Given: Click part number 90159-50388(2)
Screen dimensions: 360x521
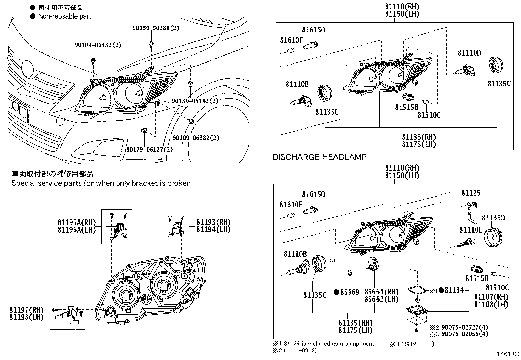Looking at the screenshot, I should click(x=156, y=28).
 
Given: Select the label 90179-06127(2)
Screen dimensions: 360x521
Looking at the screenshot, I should click(x=150, y=150).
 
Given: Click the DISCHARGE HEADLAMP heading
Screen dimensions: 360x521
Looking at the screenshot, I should click(x=319, y=157).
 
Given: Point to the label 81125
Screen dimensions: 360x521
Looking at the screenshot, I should click(x=471, y=193).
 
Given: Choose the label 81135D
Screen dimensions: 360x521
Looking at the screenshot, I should click(x=493, y=218).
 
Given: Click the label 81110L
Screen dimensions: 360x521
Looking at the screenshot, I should click(x=471, y=230).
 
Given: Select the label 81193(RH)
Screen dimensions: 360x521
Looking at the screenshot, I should click(x=213, y=222).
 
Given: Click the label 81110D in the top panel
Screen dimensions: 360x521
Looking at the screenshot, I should click(x=469, y=53).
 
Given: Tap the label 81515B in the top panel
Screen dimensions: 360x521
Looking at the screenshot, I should click(x=406, y=107).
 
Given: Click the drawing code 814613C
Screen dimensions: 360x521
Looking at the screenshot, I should click(x=507, y=354).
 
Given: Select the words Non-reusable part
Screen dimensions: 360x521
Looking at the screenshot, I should click(x=64, y=16).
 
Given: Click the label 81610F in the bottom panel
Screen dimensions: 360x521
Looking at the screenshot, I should click(x=291, y=205).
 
